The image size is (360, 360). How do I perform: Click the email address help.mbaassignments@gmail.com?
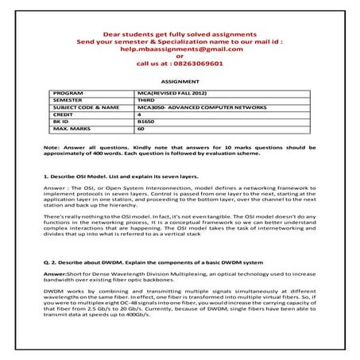click(180, 48)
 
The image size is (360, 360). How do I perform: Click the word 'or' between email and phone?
click(180, 56)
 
